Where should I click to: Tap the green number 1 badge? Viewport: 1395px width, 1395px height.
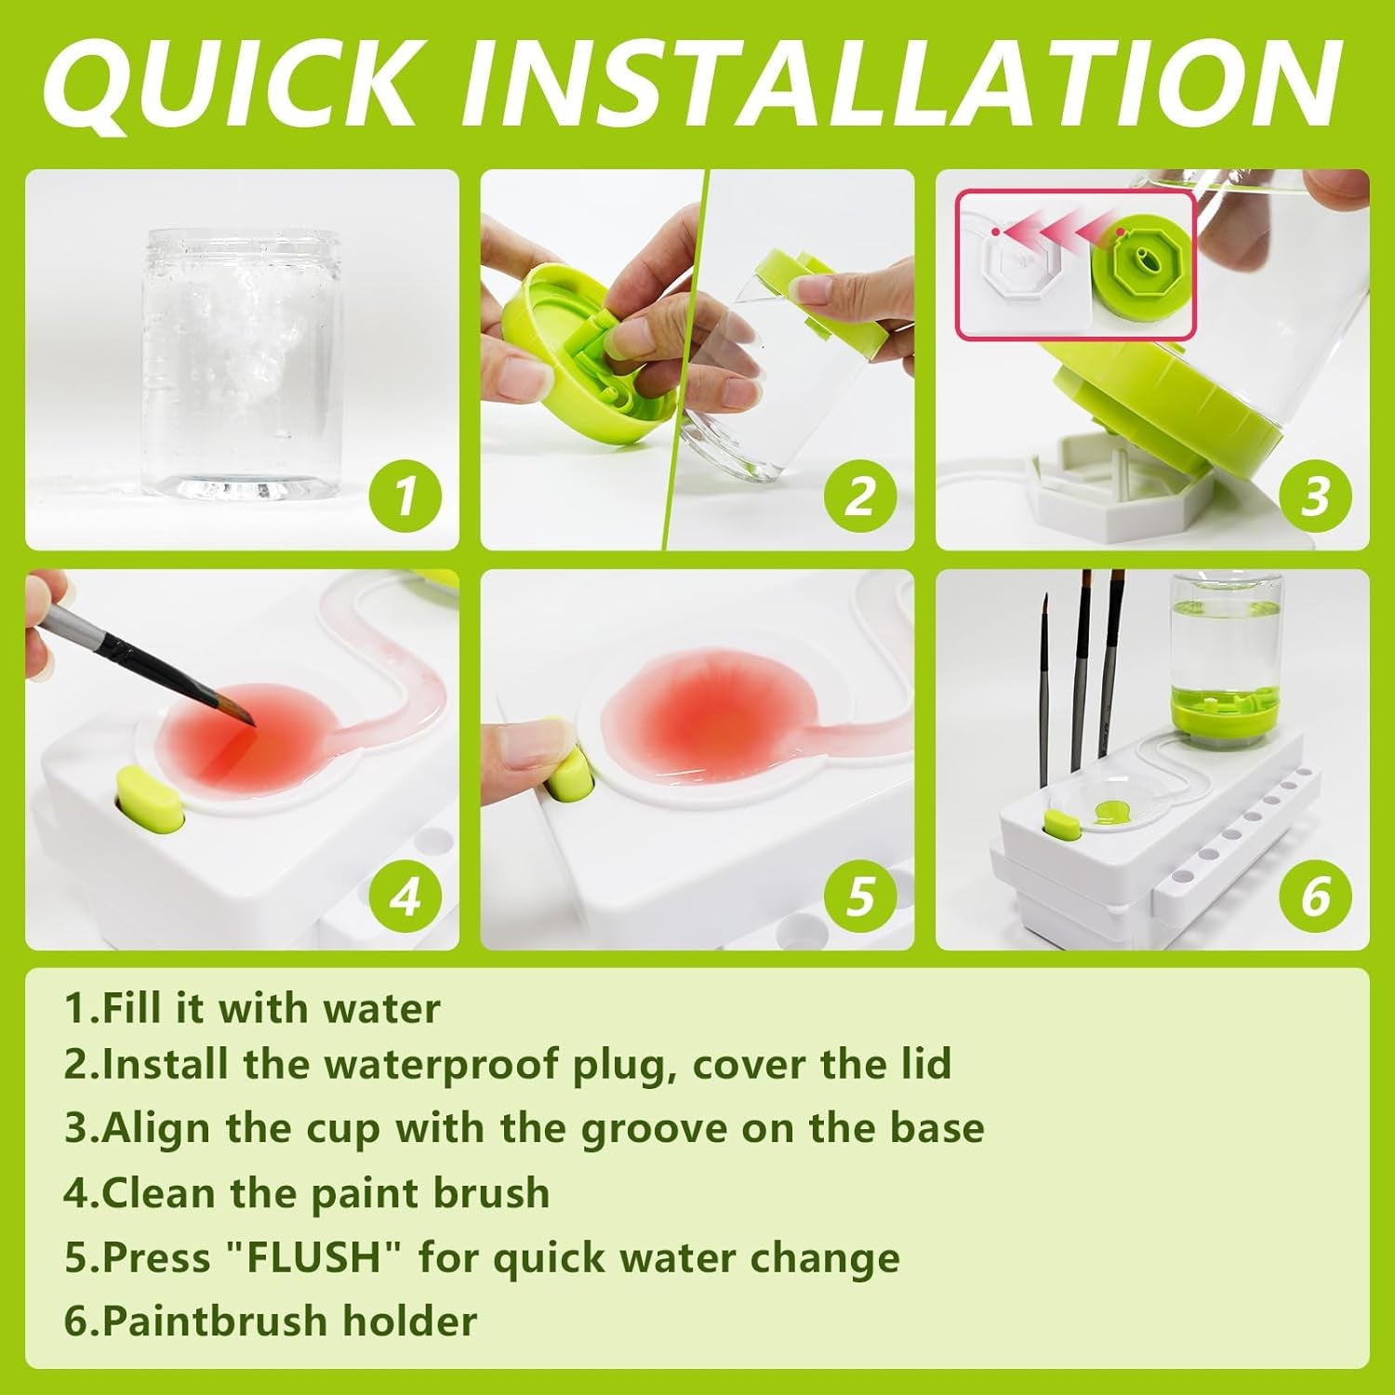tap(405, 495)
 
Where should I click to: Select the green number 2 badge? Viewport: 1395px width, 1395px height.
tap(860, 495)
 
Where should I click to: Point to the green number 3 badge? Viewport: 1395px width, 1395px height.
tap(1314, 495)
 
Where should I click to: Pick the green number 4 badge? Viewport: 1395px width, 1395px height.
tap(405, 896)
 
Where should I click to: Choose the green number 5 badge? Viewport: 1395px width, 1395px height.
tap(860, 896)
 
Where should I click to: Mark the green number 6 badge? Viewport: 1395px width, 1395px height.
tap(1314, 896)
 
